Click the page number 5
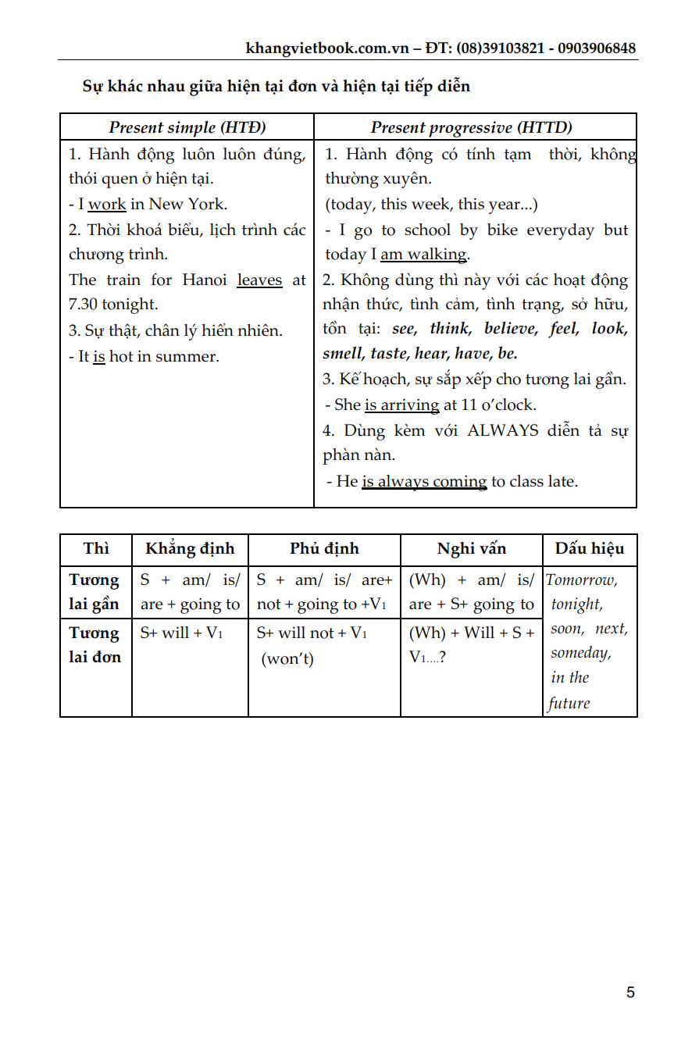(x=630, y=993)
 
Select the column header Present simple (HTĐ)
(x=187, y=127)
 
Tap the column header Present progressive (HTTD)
(x=471, y=127)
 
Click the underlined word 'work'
(x=107, y=205)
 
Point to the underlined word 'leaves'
(x=259, y=280)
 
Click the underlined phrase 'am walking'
(x=423, y=255)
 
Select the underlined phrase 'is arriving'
(x=401, y=405)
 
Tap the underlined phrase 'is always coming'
(x=423, y=481)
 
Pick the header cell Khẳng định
(x=190, y=548)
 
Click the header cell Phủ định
(x=324, y=548)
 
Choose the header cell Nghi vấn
(x=471, y=548)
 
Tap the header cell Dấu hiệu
(x=590, y=548)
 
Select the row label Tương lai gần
(x=95, y=592)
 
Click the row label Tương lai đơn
(x=95, y=645)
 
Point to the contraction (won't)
(x=287, y=659)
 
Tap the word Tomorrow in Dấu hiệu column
(x=582, y=579)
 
